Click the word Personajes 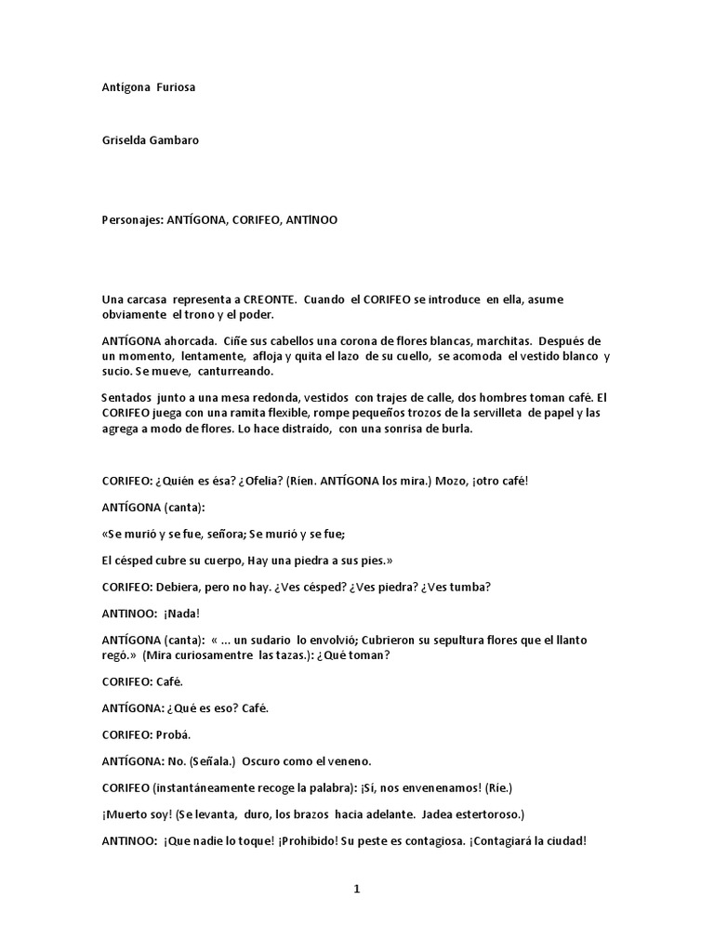click(131, 220)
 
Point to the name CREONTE click(271, 299)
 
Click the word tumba click(471, 587)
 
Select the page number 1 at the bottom click(356, 890)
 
